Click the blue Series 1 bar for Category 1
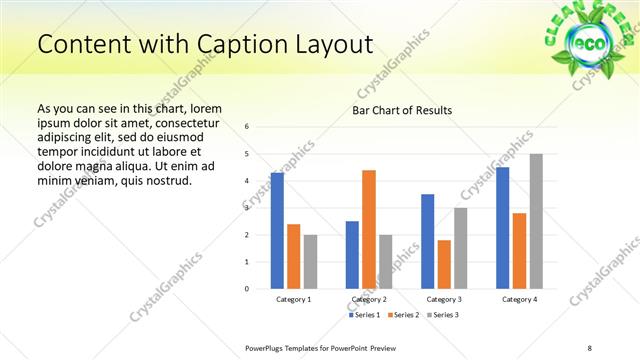tap(277, 231)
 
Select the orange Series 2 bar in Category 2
tap(369, 229)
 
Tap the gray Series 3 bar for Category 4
tap(536, 221)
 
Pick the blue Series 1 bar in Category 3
tap(427, 241)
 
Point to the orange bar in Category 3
tap(444, 264)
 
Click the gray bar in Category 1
tap(310, 261)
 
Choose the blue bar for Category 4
tap(503, 228)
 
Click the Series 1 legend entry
tap(366, 315)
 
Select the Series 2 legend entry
tap(402, 315)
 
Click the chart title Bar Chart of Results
tap(402, 110)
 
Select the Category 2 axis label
tap(369, 299)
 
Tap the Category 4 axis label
tap(519, 299)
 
